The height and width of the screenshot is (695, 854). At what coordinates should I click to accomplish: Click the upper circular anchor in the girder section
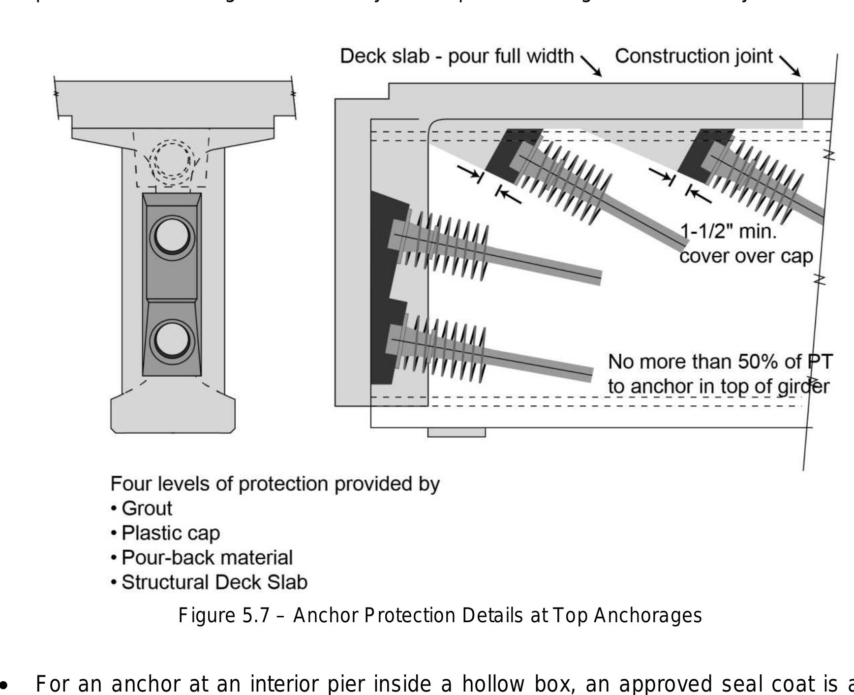click(x=172, y=238)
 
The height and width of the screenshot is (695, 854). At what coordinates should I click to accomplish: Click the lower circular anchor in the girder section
click(x=172, y=341)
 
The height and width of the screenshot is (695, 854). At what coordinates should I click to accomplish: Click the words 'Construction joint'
click(x=694, y=56)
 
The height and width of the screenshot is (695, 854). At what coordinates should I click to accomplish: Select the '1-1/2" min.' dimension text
click(x=728, y=231)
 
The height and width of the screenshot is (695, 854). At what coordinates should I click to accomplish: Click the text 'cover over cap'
click(x=746, y=256)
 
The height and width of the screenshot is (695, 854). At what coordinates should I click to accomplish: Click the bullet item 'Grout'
click(x=147, y=509)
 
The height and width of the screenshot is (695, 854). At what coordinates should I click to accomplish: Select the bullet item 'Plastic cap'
click(x=170, y=533)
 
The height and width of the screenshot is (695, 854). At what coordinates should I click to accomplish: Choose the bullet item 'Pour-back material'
click(x=207, y=558)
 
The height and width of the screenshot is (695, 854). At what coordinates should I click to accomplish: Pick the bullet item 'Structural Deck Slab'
click(x=214, y=582)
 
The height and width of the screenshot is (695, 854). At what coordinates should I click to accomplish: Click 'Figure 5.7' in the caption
click(x=224, y=616)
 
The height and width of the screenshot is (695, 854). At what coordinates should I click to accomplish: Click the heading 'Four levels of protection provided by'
click(x=274, y=484)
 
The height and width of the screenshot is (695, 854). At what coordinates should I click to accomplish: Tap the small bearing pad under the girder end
click(x=456, y=432)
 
